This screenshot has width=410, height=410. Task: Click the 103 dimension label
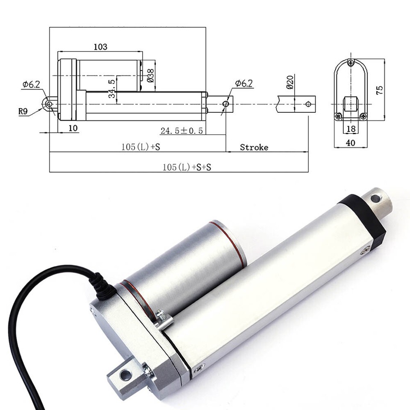click(100, 47)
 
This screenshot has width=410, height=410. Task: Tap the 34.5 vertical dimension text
click(111, 88)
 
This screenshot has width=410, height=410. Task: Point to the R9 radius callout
click(23, 111)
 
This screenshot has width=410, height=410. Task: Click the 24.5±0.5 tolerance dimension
click(182, 130)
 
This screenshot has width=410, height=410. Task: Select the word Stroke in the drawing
click(254, 147)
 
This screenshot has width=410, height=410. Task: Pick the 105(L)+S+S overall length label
click(187, 167)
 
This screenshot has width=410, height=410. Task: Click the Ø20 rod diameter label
click(290, 82)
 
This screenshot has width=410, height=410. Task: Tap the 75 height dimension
click(379, 90)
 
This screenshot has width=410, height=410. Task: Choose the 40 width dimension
click(350, 143)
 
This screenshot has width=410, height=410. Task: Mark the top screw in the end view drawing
click(351, 63)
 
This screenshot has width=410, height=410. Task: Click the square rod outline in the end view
click(351, 104)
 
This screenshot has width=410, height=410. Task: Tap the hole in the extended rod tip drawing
click(308, 104)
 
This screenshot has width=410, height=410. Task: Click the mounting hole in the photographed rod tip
click(376, 199)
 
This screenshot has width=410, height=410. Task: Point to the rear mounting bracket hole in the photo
click(126, 375)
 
